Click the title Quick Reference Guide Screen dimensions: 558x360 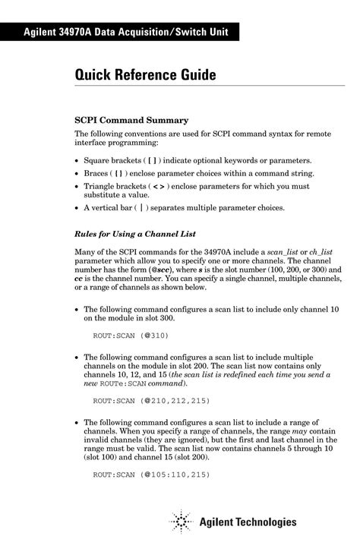tap(145, 75)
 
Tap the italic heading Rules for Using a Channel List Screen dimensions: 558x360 tap(141, 235)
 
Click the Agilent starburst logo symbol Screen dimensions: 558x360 tap(181, 522)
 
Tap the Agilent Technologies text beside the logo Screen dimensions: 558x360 tap(248, 522)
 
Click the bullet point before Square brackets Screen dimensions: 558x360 tap(77, 162)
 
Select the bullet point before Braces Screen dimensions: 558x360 tap(77, 174)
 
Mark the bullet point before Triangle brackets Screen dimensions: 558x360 tap(77, 186)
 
